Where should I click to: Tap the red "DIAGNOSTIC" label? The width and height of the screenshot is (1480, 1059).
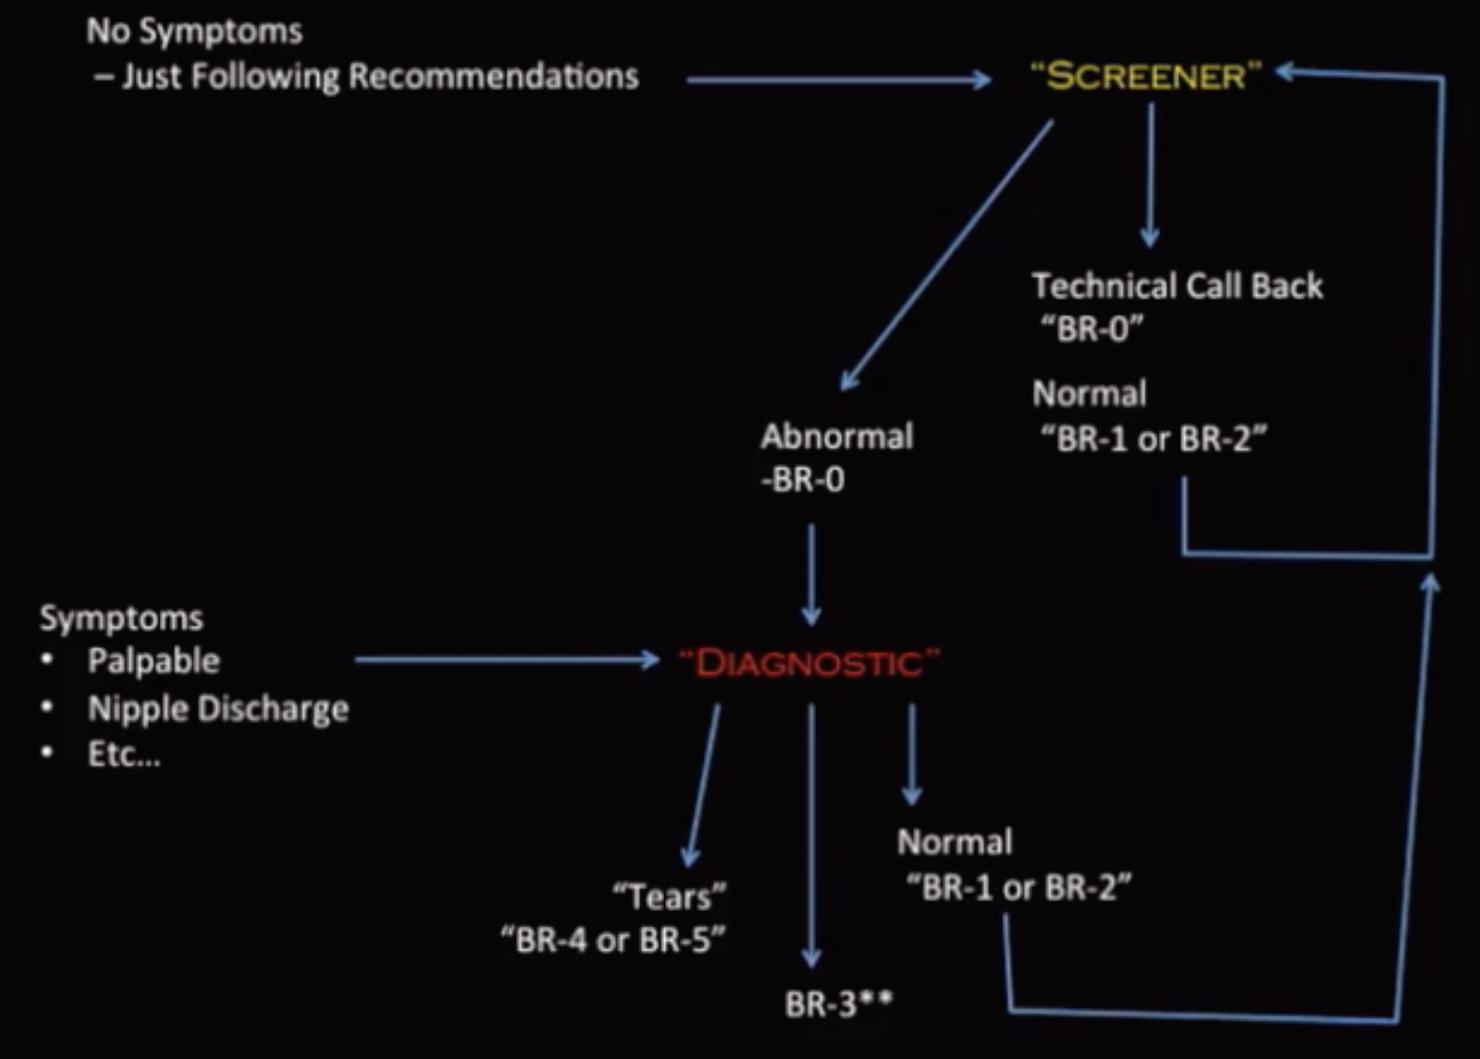(809, 663)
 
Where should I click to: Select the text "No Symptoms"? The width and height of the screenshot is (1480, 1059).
(194, 31)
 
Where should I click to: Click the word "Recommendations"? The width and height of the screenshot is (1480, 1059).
(493, 76)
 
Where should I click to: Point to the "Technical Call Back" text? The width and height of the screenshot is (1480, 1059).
(1177, 285)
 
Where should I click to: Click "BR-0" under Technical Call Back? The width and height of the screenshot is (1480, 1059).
(1092, 329)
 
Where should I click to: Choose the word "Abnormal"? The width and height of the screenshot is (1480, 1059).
(837, 436)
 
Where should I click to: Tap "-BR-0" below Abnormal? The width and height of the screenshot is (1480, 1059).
(802, 479)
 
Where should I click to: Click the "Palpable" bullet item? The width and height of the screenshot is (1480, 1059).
(154, 661)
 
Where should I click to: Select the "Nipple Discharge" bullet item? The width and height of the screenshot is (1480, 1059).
(218, 708)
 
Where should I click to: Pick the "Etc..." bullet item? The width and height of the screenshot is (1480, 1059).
(124, 754)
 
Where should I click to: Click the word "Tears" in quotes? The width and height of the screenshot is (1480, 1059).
(670, 897)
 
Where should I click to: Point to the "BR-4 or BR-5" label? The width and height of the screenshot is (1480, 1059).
(613, 940)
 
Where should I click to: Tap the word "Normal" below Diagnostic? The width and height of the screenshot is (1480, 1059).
(954, 842)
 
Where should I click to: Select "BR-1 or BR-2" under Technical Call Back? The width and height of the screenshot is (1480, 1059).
(1153, 439)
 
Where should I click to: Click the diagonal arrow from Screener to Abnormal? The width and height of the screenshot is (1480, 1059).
(947, 255)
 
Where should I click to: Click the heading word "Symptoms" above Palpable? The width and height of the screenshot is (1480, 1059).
(121, 617)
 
